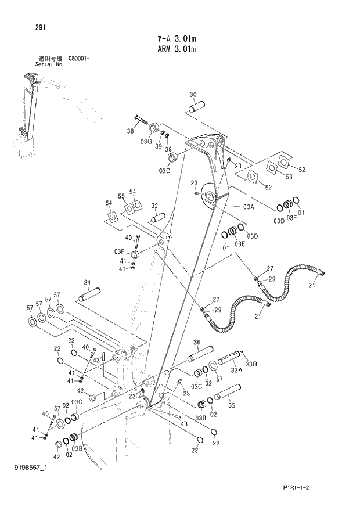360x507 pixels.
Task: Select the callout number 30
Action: (193, 95)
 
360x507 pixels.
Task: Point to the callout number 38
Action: (131, 131)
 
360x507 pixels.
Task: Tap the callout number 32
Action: (155, 206)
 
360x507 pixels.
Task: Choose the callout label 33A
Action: (236, 369)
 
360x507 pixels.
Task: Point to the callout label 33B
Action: (250, 364)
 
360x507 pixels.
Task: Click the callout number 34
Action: (88, 283)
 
